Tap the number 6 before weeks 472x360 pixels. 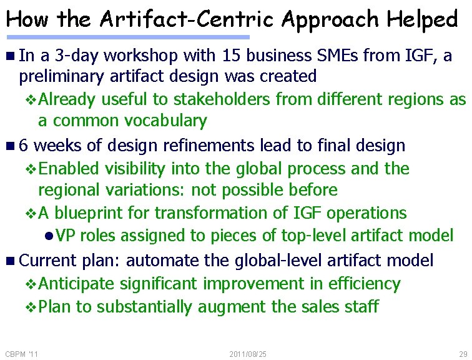coord(23,146)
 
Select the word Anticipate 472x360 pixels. coord(76,284)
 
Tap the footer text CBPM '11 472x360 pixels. coord(21,354)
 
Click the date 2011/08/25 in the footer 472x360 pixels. coord(248,354)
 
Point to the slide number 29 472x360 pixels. coord(462,354)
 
